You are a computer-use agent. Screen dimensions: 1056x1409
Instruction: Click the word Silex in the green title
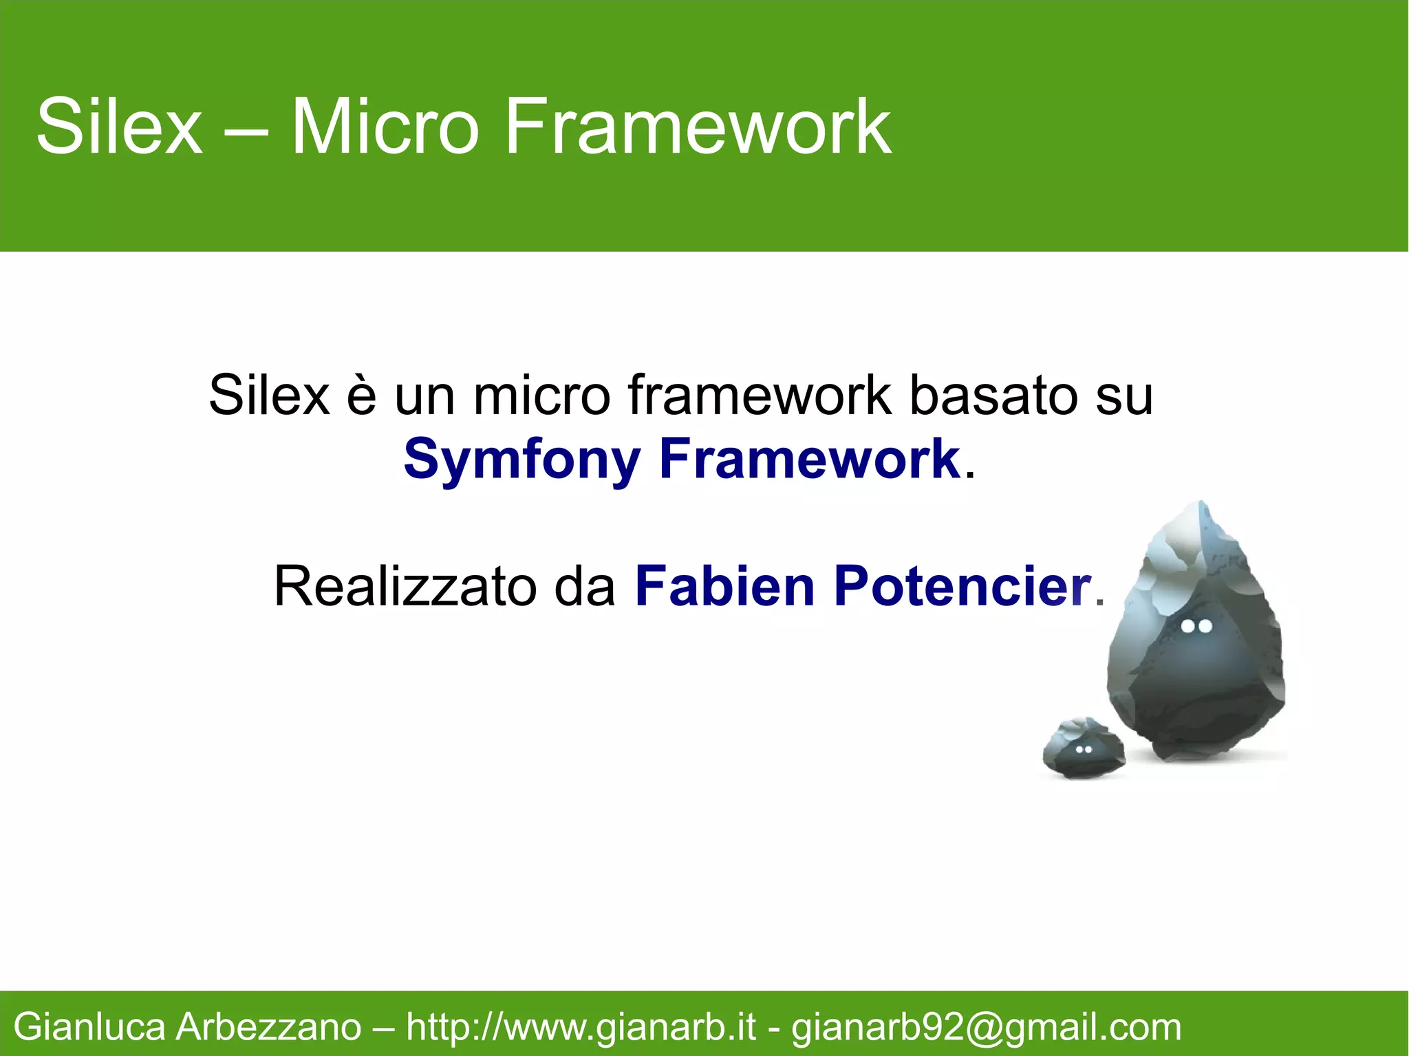[x=119, y=127]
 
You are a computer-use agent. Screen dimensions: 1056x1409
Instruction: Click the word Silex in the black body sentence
[x=269, y=396]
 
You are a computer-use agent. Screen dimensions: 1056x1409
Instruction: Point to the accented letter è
[x=362, y=397]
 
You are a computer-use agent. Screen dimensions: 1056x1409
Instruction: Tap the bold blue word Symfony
[x=522, y=460]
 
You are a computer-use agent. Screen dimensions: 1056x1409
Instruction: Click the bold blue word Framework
[x=809, y=459]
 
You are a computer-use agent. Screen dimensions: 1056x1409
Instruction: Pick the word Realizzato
[x=405, y=586]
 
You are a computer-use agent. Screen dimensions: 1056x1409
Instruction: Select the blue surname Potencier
[x=962, y=586]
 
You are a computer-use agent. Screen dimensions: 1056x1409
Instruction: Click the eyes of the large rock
[x=1196, y=626]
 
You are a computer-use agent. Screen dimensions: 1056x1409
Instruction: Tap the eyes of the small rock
[x=1084, y=749]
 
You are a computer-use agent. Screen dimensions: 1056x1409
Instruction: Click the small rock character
[x=1083, y=748]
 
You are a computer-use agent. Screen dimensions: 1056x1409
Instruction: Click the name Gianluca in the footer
[x=89, y=1027]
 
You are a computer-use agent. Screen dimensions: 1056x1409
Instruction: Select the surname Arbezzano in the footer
[x=268, y=1027]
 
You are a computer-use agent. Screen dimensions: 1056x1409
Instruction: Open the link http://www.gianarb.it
[x=581, y=1027]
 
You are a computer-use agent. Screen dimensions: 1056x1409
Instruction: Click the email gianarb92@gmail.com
[x=986, y=1027]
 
